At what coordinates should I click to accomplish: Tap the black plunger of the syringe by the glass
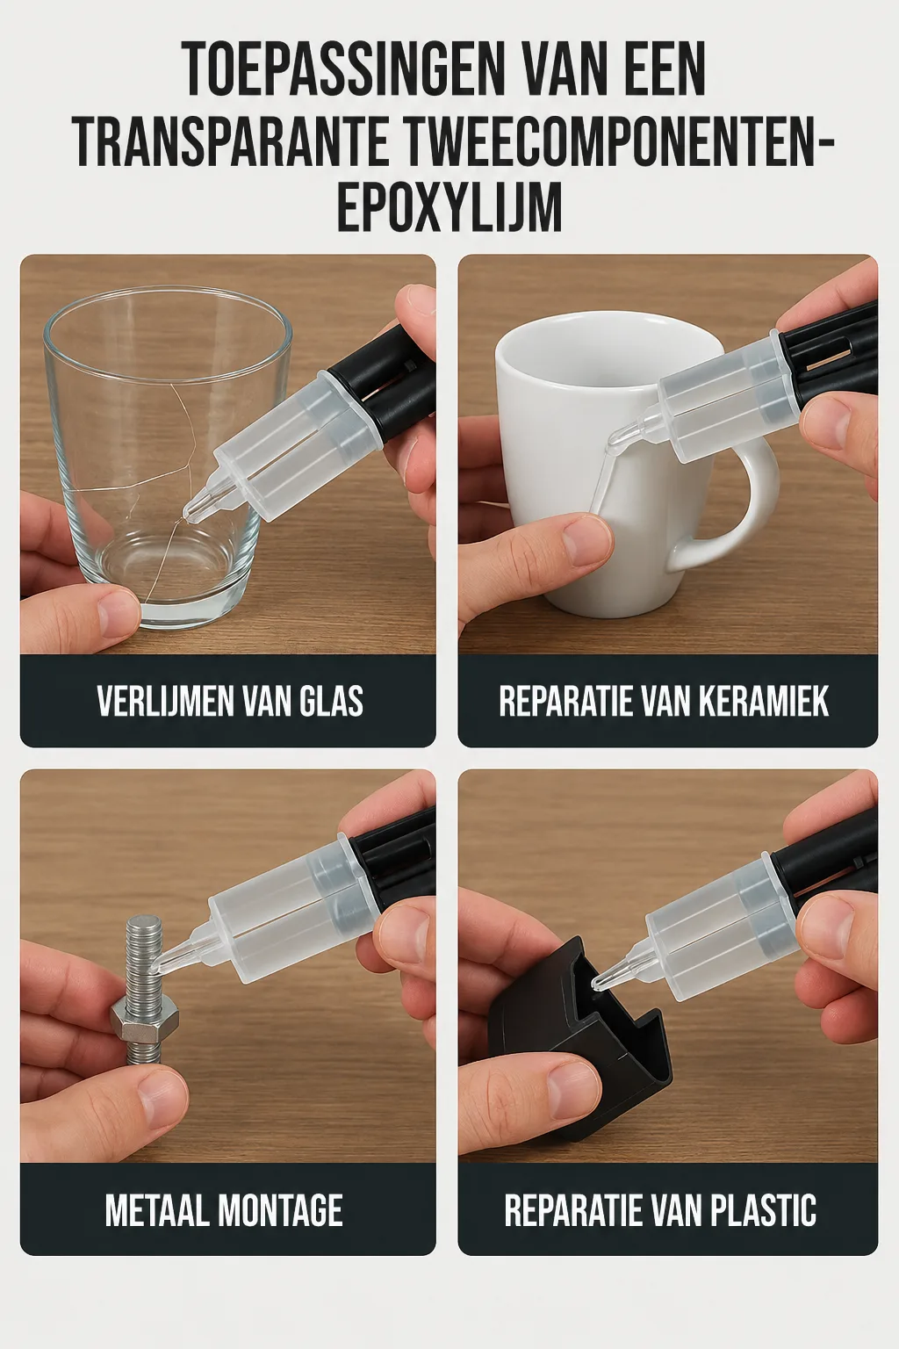tap(383, 386)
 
